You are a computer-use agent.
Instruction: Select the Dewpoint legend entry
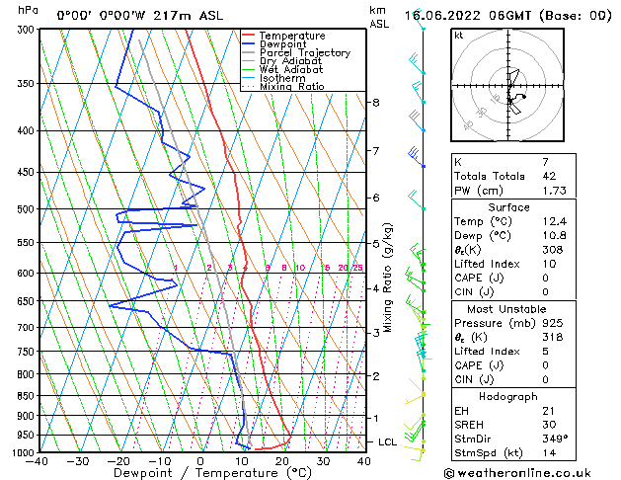[282, 44]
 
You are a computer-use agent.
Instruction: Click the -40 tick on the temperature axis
[39, 461]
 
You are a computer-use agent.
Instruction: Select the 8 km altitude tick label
[376, 103]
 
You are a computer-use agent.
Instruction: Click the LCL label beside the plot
[388, 441]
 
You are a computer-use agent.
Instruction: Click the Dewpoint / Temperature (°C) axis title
[201, 473]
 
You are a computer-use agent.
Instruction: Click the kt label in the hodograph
[458, 36]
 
